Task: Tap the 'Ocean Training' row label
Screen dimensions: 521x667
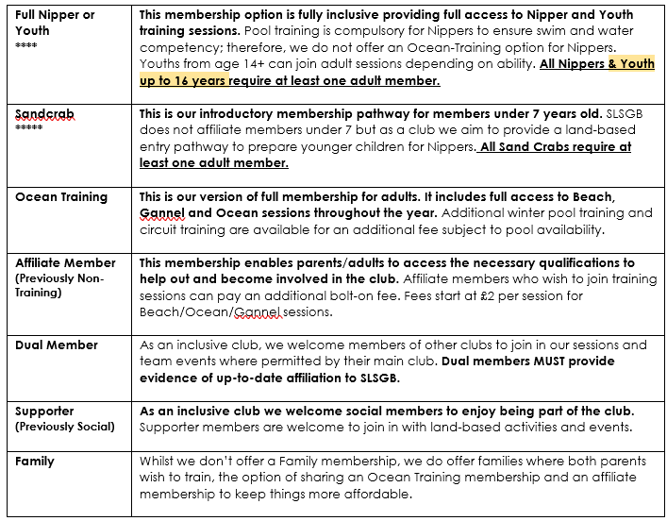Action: (61, 197)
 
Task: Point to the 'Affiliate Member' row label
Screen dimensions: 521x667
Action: (65, 262)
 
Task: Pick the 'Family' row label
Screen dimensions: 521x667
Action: (35, 462)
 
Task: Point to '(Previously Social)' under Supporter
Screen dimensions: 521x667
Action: (65, 427)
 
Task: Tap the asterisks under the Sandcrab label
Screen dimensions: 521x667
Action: (28, 126)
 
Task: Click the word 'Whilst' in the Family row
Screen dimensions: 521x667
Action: (158, 462)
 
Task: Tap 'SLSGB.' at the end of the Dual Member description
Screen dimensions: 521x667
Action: (378, 378)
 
